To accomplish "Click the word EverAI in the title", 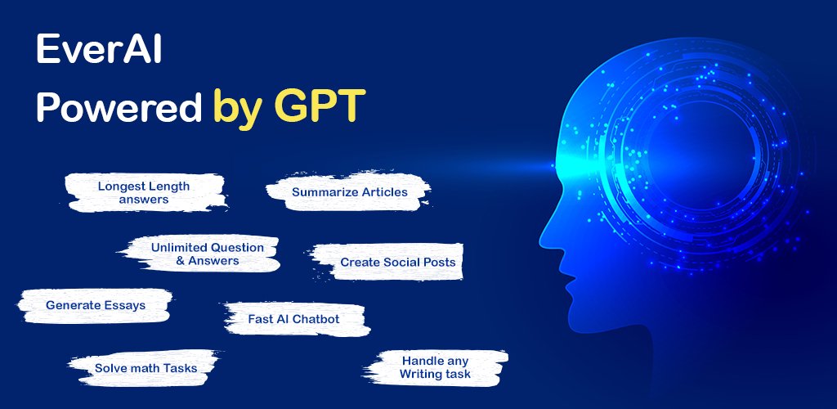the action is (99, 51).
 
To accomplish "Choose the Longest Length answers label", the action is (144, 193).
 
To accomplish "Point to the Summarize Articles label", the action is (350, 191).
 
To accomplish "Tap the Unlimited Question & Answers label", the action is (207, 254).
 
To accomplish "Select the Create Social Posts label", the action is (398, 262).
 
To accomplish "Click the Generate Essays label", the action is (96, 305).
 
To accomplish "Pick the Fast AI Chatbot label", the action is (293, 319).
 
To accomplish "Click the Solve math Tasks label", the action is (145, 368).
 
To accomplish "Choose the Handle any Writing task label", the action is (435, 367).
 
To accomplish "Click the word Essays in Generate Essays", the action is (125, 306).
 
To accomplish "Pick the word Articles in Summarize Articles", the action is (383, 191).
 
